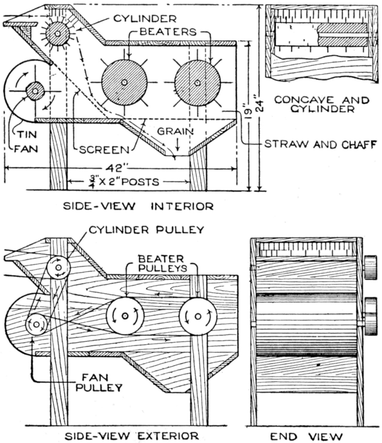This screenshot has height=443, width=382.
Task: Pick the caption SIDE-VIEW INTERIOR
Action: [x=138, y=206]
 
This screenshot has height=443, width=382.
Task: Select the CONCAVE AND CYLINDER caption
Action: [x=322, y=104]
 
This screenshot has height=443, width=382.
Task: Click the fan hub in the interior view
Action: [x=35, y=91]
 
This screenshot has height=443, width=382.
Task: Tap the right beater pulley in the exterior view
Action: [x=198, y=316]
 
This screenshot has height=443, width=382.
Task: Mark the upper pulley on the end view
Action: [x=371, y=267]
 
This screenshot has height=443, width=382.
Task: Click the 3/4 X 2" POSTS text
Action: [x=129, y=181]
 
